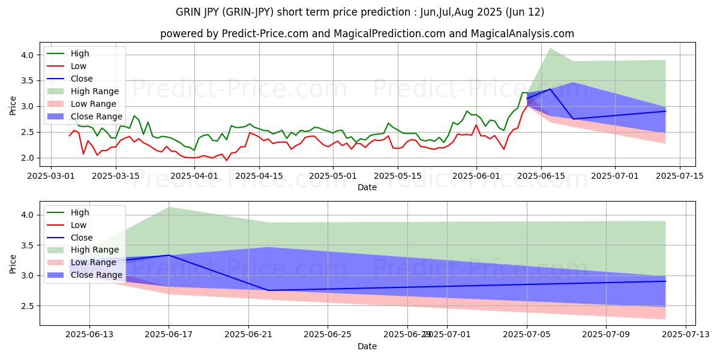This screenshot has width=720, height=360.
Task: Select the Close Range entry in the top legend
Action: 96,116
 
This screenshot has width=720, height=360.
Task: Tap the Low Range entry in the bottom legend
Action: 94,262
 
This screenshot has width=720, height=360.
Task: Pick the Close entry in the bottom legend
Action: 82,237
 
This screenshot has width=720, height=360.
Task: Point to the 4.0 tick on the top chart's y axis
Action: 28,55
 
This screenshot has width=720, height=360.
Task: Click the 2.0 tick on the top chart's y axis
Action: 28,158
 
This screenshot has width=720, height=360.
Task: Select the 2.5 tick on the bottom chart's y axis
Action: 28,306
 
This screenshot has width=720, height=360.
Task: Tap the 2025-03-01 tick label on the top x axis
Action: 50,176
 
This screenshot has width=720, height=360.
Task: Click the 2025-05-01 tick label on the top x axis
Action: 334,176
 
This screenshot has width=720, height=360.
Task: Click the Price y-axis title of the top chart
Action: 13,106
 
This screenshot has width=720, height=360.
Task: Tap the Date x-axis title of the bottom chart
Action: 367,346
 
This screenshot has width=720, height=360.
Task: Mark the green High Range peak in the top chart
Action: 550,48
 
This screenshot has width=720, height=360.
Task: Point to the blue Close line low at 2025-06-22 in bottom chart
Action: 268,290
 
